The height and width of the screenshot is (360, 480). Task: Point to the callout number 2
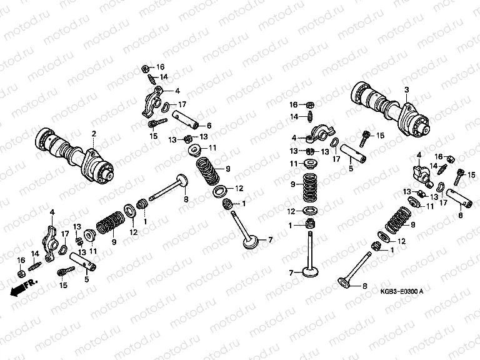coord(94,133)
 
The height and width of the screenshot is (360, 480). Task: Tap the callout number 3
coord(406,90)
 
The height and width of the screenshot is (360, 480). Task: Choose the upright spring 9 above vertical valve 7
coord(311,185)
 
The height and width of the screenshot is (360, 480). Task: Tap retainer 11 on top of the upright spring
coord(311,164)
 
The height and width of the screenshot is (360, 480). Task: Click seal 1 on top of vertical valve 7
coord(311,224)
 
